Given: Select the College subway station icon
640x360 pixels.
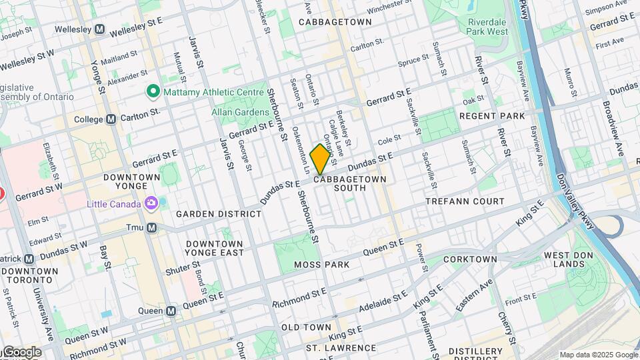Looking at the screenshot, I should coord(111,119).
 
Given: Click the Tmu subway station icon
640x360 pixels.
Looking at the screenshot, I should coord(152,227).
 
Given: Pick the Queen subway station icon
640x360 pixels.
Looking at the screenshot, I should coord(171,311).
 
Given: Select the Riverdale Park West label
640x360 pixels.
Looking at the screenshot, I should coord(483,26).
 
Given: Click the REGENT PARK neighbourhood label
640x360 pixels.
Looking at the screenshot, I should coord(492,116).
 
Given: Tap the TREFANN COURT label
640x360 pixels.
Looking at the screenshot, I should coord(465,201).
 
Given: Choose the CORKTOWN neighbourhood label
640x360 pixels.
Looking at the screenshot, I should coord(470,259).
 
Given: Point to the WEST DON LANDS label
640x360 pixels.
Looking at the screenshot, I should coord(571,260).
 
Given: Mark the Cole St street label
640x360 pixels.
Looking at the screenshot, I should coord(388,139).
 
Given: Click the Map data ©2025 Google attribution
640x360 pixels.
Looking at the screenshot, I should coord(597,355).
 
